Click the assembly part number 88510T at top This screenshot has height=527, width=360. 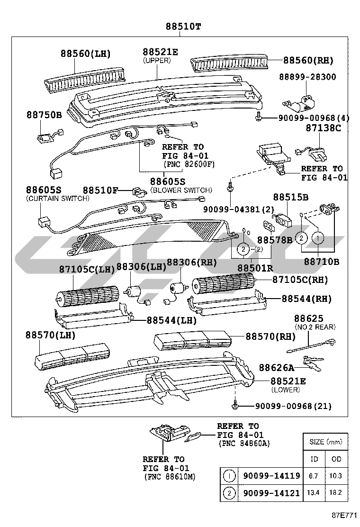point(183,27)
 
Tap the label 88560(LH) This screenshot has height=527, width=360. point(85,54)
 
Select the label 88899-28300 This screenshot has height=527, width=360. point(307,77)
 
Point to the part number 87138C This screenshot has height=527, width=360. point(323,128)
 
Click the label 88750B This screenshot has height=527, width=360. point(44,115)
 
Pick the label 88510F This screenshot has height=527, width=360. point(100,191)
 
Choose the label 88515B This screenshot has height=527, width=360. point(290,197)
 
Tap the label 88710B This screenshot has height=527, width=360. point(322,261)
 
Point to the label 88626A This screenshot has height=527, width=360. point(276,367)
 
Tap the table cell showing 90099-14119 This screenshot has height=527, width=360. point(271,476)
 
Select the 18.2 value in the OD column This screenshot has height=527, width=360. point(336,493)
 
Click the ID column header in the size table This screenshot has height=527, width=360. point(314,459)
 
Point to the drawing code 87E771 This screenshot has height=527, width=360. point(342,515)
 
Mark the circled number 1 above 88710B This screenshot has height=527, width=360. point(318,236)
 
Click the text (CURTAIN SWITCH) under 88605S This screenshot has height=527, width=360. point(57,198)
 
